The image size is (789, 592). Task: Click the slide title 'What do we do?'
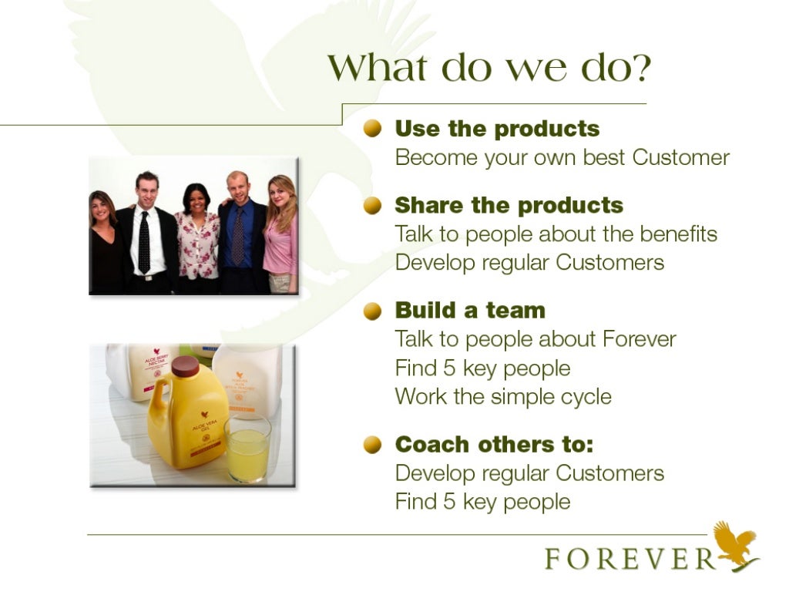click(x=489, y=69)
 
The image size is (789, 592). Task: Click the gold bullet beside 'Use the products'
click(x=374, y=128)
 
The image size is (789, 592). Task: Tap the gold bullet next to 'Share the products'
click(x=374, y=206)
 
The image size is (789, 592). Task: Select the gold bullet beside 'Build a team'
click(x=374, y=311)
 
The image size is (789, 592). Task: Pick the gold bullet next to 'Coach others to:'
click(x=374, y=445)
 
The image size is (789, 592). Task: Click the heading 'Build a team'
click(x=470, y=311)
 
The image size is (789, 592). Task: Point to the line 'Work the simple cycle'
click(x=503, y=397)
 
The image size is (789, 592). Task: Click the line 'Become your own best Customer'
click(x=562, y=158)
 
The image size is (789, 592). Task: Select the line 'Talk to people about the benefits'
click(x=556, y=234)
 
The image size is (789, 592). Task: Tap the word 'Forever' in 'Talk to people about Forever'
click(x=639, y=339)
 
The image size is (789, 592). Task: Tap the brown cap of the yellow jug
click(x=185, y=366)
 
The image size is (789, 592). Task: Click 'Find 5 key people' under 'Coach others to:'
click(x=482, y=502)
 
